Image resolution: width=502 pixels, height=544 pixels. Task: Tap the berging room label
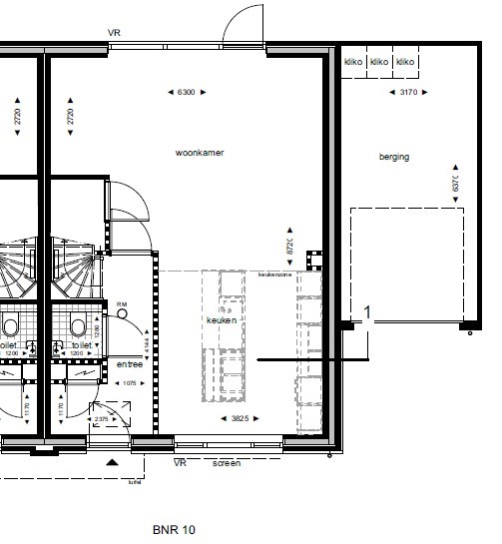coord(394,157)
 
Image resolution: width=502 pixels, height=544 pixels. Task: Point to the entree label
coord(128,364)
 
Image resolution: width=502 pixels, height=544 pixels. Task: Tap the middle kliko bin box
coord(378,62)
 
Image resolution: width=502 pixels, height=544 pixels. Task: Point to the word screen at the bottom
coord(227,464)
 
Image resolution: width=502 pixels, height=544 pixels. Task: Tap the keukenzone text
coord(273,274)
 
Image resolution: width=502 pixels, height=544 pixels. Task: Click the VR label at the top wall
coord(115,33)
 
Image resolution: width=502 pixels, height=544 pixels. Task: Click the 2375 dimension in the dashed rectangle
coord(103,419)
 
